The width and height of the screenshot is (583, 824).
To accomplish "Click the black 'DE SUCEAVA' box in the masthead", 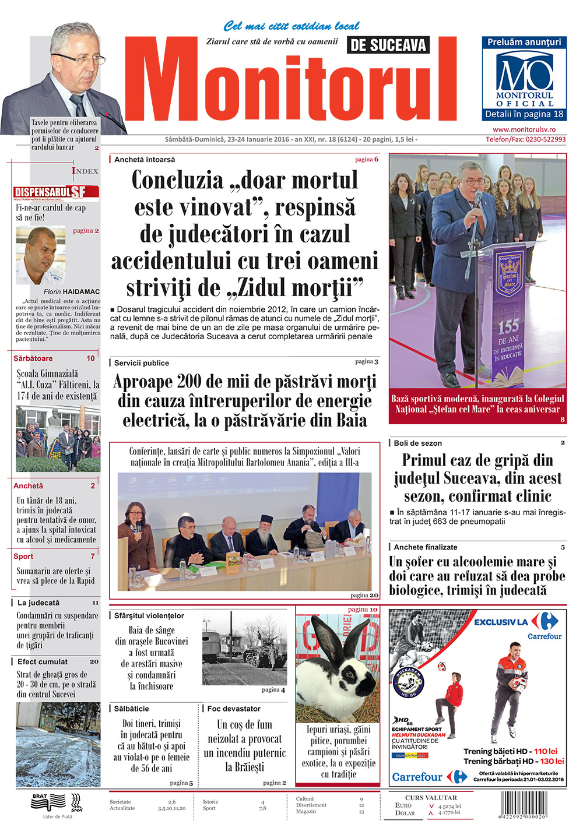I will tap(388, 45).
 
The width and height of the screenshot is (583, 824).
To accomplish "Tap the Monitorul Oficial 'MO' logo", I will tap(524, 72).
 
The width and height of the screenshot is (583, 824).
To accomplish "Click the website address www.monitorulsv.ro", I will tap(524, 129).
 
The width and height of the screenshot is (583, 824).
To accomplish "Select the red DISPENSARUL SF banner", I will tap(57, 192).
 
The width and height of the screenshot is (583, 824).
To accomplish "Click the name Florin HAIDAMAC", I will tap(72, 291).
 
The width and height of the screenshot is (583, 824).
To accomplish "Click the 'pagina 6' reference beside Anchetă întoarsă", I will tap(367, 159).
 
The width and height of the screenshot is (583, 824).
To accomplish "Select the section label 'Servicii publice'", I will tap(142, 363).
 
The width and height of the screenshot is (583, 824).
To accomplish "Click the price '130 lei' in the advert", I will tap(552, 761).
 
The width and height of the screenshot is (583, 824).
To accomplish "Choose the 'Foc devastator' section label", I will tap(234, 709).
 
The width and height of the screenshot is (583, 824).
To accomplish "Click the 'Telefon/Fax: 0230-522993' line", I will tap(525, 139).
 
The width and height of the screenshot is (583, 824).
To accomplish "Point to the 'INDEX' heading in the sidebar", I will tap(85, 171).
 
